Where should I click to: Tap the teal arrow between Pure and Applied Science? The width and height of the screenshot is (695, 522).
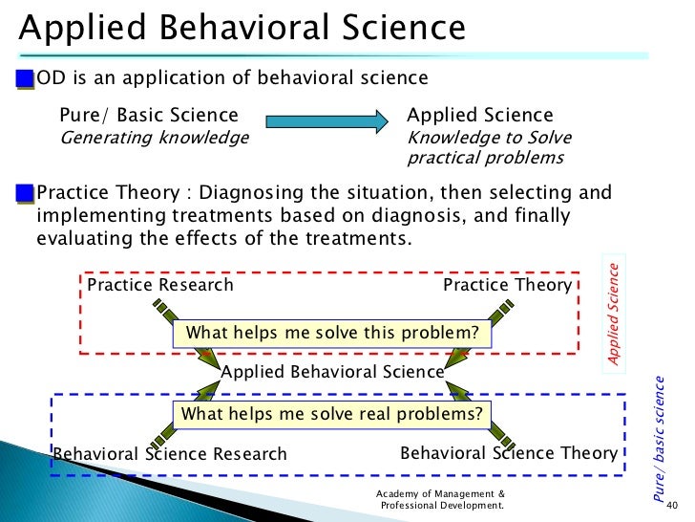[x=326, y=121]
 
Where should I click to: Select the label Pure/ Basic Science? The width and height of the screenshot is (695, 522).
[x=149, y=116]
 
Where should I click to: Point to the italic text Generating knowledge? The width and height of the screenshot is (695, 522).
[x=154, y=138]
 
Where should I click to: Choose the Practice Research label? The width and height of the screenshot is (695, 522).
[x=160, y=285]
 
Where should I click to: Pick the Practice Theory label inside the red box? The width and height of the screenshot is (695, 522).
[x=508, y=285]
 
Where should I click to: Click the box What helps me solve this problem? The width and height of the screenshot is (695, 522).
[x=331, y=333]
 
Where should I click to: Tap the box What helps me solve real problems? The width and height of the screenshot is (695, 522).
[x=331, y=414]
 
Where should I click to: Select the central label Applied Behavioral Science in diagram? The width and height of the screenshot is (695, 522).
[x=332, y=371]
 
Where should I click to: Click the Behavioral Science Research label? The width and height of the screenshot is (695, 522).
[x=170, y=454]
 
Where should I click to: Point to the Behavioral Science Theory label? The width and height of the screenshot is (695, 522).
[x=509, y=452]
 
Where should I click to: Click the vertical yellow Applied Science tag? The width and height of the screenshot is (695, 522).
[x=615, y=311]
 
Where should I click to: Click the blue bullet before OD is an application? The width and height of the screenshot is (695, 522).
[x=25, y=77]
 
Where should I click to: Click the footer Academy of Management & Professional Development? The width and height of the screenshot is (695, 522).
[x=441, y=498]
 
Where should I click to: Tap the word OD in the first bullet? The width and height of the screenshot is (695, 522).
[x=49, y=77]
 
